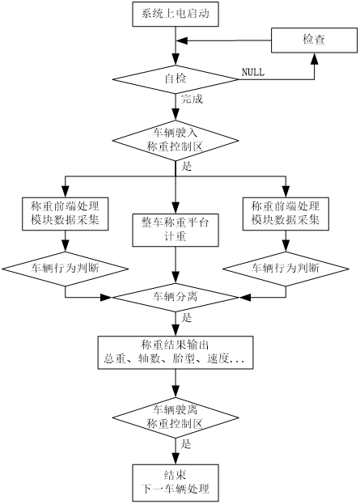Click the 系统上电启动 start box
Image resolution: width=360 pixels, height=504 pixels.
pos(176,14)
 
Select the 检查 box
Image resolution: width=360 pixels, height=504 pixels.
pos(314,40)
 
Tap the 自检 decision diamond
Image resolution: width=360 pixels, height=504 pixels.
pos(176,79)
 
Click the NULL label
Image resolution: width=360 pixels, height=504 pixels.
pos(253,72)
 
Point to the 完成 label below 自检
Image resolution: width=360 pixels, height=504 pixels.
pos(192,99)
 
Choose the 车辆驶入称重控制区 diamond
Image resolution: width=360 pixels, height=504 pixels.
pos(176,140)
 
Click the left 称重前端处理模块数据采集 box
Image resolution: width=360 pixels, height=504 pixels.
pos(66,214)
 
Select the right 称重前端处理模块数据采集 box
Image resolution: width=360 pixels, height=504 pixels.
pos(286,214)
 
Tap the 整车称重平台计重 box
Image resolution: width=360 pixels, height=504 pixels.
pos(176,230)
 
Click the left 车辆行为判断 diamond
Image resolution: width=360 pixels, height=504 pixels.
pos(66,269)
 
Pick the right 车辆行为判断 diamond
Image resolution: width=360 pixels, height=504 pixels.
pos(286,269)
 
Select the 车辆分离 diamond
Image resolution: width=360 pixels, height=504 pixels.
pos(176,298)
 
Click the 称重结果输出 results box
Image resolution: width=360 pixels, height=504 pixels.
pos(176,353)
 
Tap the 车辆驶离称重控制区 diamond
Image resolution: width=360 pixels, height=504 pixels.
pos(176,417)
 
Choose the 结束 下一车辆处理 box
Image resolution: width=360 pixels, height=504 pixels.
pos(176,483)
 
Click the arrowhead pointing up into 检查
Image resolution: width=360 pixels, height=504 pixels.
pos(314,58)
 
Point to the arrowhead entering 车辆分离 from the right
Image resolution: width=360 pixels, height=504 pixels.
pos(244,298)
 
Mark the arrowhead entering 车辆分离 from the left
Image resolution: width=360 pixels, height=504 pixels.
pos(107,298)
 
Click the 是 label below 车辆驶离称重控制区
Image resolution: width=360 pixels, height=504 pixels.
pos(186,444)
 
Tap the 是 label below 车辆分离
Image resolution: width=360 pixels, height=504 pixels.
pos(187,318)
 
